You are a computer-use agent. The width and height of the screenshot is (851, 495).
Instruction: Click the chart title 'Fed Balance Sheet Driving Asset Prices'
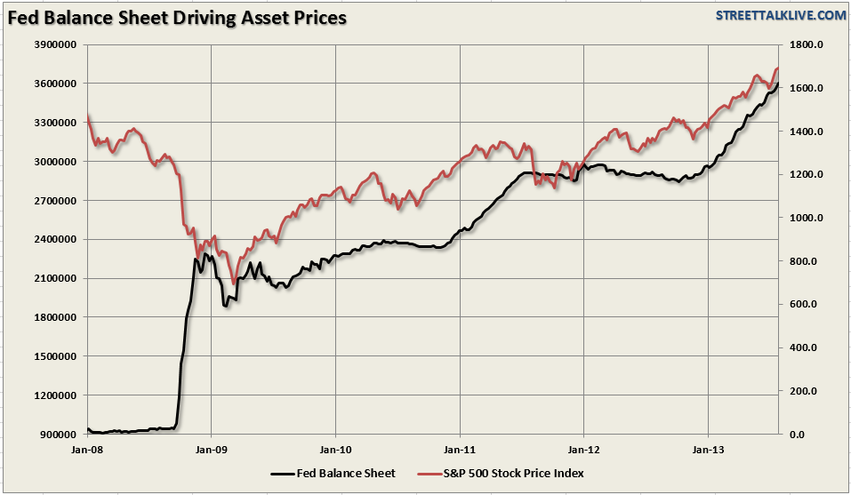click(x=178, y=17)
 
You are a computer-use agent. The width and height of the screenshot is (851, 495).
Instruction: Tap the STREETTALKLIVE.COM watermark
click(x=780, y=15)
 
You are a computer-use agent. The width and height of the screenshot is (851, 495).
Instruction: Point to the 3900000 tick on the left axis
click(x=56, y=44)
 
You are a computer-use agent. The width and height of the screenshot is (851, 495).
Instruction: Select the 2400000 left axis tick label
click(x=56, y=239)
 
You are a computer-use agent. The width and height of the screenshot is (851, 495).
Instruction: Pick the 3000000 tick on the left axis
click(x=56, y=162)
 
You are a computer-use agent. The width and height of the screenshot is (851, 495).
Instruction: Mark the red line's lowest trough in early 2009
click(x=234, y=283)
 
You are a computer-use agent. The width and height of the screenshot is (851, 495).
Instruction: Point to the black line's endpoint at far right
click(x=778, y=84)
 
